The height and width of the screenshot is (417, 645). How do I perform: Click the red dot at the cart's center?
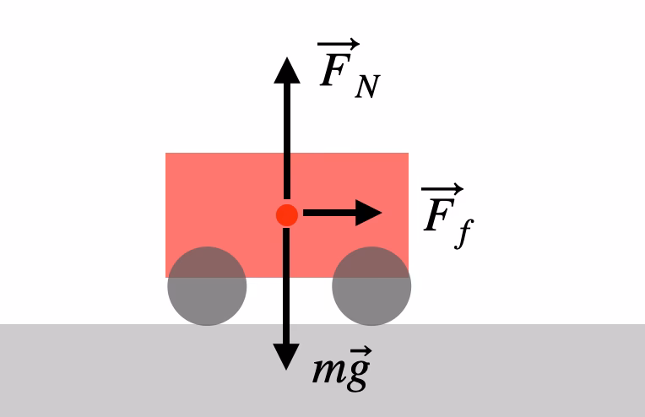pos(287,214)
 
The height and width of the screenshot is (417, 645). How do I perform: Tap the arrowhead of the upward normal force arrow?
pos(287,70)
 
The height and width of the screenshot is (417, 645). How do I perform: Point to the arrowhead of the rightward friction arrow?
pos(368,214)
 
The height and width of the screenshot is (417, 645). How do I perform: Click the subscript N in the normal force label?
pos(366,86)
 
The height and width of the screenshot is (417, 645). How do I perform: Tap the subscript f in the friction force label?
pos(461,234)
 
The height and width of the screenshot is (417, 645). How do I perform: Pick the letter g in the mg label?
pos(358,374)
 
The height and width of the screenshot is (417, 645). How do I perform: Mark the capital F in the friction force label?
pos(437,215)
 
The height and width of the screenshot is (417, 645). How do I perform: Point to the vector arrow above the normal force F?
pos(339,45)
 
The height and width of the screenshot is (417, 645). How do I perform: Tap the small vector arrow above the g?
pos(358,354)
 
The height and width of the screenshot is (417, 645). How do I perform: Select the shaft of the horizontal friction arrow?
pos(325,214)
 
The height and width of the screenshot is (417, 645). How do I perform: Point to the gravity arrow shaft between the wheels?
pos(287,287)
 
